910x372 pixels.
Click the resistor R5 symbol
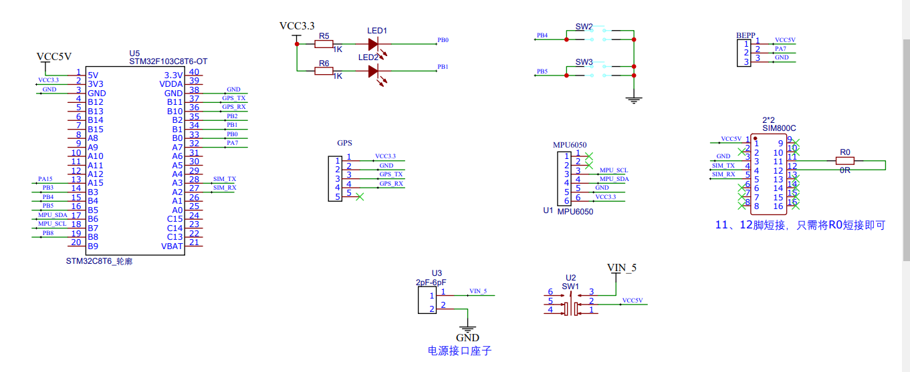coord(324,45)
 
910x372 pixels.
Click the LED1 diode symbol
coord(374,45)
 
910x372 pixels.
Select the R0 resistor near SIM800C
coord(845,161)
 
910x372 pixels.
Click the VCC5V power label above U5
coord(53,56)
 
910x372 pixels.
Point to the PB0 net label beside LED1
coord(443,40)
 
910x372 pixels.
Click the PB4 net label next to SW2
coord(542,35)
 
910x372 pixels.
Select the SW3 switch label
coord(584,62)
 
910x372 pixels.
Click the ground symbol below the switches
coord(633,100)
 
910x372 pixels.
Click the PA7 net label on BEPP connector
coord(780,49)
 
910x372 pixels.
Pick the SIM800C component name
coord(779,128)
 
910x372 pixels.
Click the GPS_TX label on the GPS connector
coord(391,174)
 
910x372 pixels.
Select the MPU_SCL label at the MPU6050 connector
coord(614,170)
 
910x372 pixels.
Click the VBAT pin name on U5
coord(172,246)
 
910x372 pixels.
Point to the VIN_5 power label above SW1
coord(622,268)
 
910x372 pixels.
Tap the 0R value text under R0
coord(845,171)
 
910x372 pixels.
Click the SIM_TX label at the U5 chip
coord(224,179)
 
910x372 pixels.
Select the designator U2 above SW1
coord(570,277)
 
